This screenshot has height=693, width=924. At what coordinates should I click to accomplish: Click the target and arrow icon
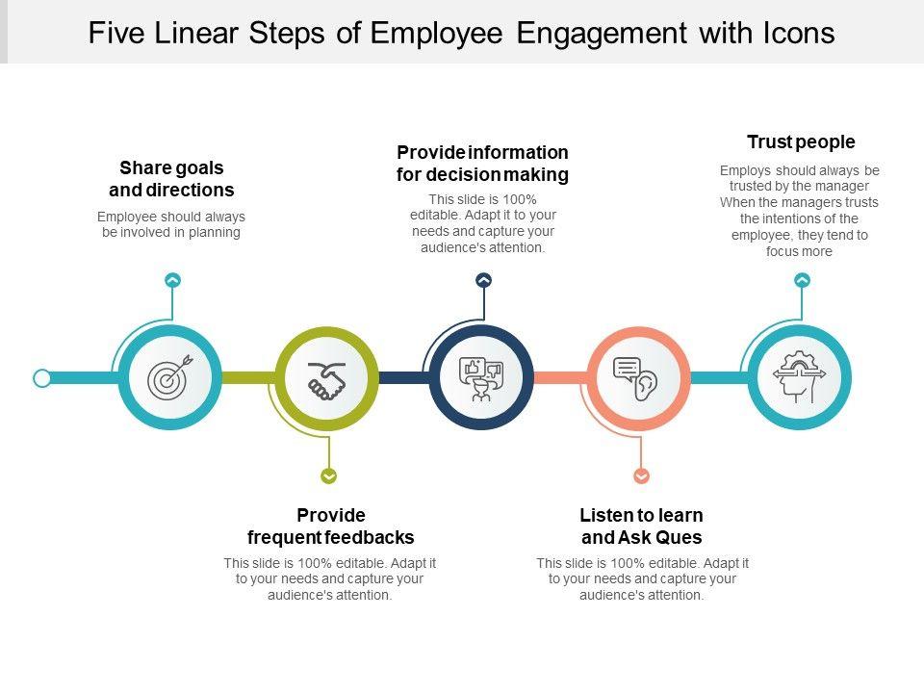tap(170, 377)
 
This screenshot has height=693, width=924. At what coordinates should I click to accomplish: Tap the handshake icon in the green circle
tap(326, 379)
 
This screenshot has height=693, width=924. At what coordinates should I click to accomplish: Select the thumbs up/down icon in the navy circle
tap(481, 377)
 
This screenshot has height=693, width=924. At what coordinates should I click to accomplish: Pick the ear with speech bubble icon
tap(637, 377)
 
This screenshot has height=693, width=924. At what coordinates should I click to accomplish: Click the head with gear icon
tap(799, 376)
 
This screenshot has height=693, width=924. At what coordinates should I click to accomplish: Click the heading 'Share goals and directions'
tap(171, 179)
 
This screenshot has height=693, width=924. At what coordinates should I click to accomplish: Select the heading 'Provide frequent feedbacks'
tap(331, 526)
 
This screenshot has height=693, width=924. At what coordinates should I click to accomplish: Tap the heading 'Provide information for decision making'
tap(483, 164)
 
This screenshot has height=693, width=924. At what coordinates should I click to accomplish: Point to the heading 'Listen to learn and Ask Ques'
tap(642, 526)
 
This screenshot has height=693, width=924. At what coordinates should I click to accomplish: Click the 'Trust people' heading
tap(801, 142)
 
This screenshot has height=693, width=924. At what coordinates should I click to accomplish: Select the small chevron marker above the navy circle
tap(484, 280)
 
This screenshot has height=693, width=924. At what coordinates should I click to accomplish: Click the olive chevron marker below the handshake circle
tap(329, 475)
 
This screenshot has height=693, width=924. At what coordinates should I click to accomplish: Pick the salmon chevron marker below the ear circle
tap(642, 475)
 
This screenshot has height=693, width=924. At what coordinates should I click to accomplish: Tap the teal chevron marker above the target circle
tap(172, 280)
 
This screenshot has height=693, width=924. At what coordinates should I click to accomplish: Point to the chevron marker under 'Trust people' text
tap(802, 280)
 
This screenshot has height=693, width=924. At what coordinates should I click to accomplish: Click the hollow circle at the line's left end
tap(42, 378)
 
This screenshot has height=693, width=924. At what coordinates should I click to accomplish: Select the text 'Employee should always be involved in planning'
tap(171, 224)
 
